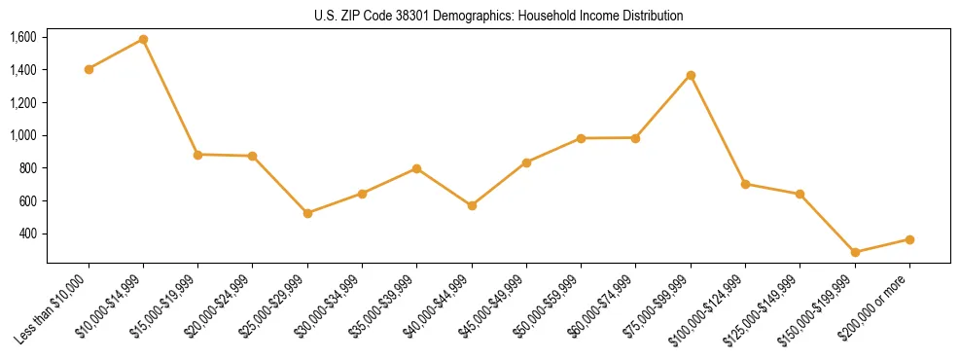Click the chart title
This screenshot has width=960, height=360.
coord(499,16)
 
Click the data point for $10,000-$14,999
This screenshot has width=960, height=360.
coord(143,40)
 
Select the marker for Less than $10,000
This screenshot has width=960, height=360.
coord(89,69)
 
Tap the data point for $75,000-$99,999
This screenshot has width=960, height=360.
coord(691,75)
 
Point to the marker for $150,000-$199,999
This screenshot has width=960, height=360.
coord(855,252)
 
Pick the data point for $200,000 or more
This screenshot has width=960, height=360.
coord(909,239)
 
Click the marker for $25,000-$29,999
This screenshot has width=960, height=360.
coord(307,213)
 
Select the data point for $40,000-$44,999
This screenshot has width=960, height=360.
coord(472,205)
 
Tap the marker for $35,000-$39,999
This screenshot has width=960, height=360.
coord(416,168)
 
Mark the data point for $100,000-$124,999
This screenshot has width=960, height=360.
coord(745,184)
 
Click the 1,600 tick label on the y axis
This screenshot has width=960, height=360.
coord(23,37)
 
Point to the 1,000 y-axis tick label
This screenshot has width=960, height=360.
coord(23,135)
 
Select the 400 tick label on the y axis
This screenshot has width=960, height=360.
coord(27,234)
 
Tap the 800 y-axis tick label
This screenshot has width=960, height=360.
coord(27,168)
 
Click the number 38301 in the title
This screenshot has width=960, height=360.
coord(413,16)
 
